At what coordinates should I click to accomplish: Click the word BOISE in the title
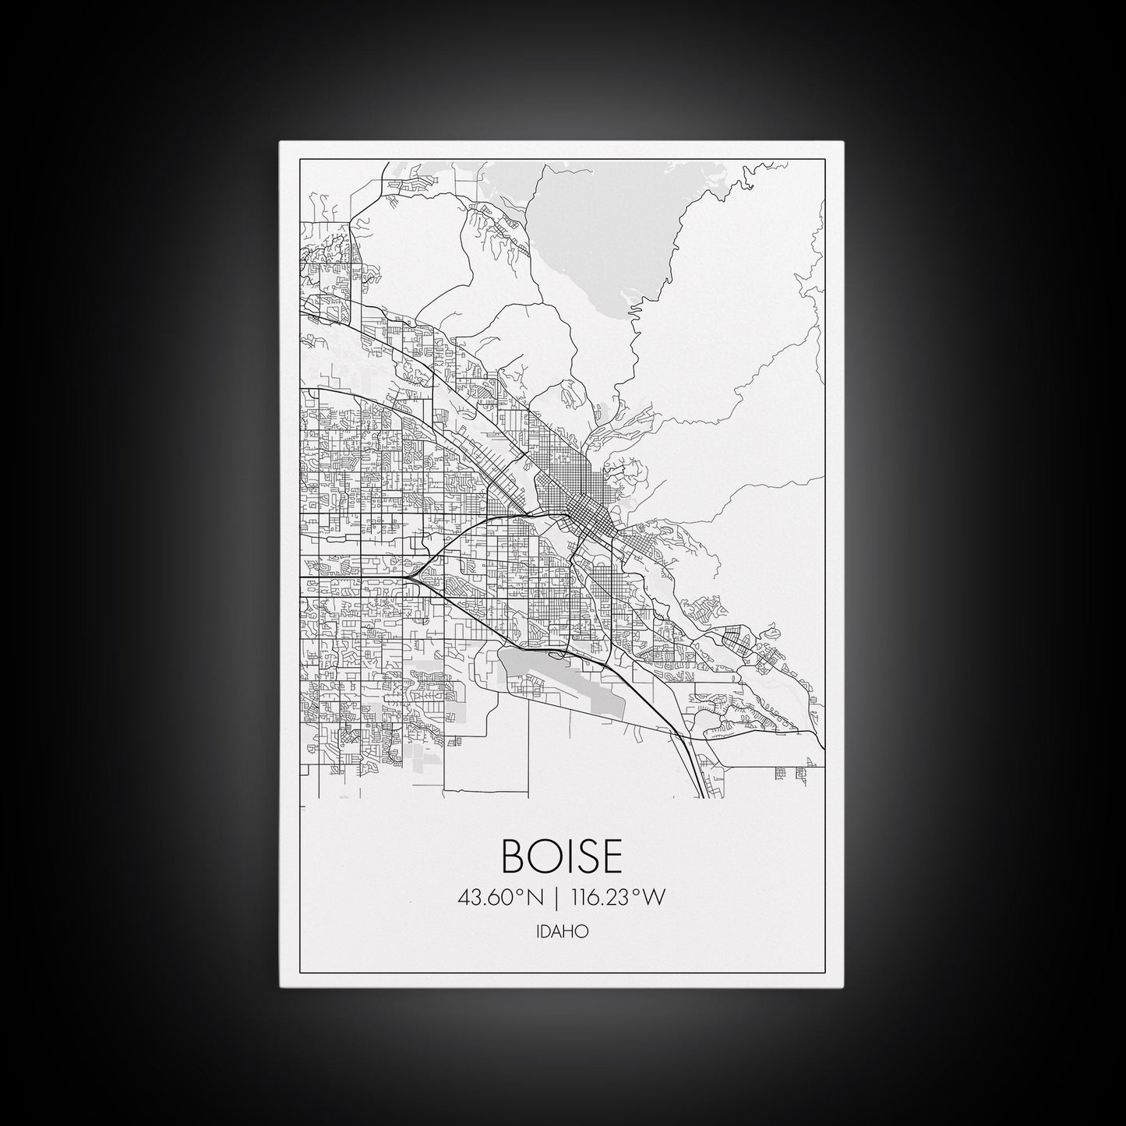coord(563,856)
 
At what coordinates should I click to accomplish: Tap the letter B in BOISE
coord(515,856)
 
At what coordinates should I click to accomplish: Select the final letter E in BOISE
coord(611,856)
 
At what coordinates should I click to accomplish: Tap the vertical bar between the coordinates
coord(556,898)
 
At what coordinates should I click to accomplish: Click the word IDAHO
coord(563,930)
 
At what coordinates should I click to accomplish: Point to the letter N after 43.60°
coord(535,898)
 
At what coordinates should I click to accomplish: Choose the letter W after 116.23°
coord(657,898)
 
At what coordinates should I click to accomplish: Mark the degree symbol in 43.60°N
coord(521,893)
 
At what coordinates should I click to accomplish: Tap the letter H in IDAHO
coord(573,930)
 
